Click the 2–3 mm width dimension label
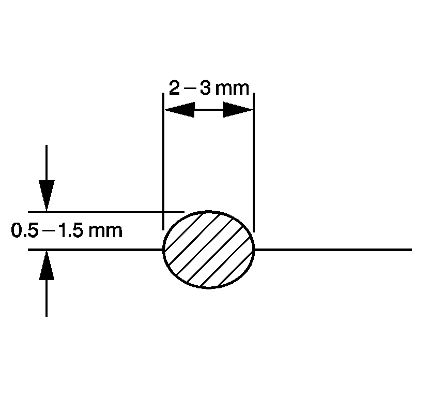pyautogui.click(x=209, y=88)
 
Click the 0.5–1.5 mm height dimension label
pyautogui.click(x=67, y=230)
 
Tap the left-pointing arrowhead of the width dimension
pyautogui.click(x=179, y=110)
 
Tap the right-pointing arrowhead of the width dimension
pyautogui.click(x=238, y=110)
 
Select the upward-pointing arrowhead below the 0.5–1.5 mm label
pyautogui.click(x=47, y=266)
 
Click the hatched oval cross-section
pyautogui.click(x=209, y=250)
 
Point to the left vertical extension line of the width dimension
pyautogui.click(x=163, y=161)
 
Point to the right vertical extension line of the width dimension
pyautogui.click(x=254, y=163)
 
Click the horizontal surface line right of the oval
pyautogui.click(x=333, y=250)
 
